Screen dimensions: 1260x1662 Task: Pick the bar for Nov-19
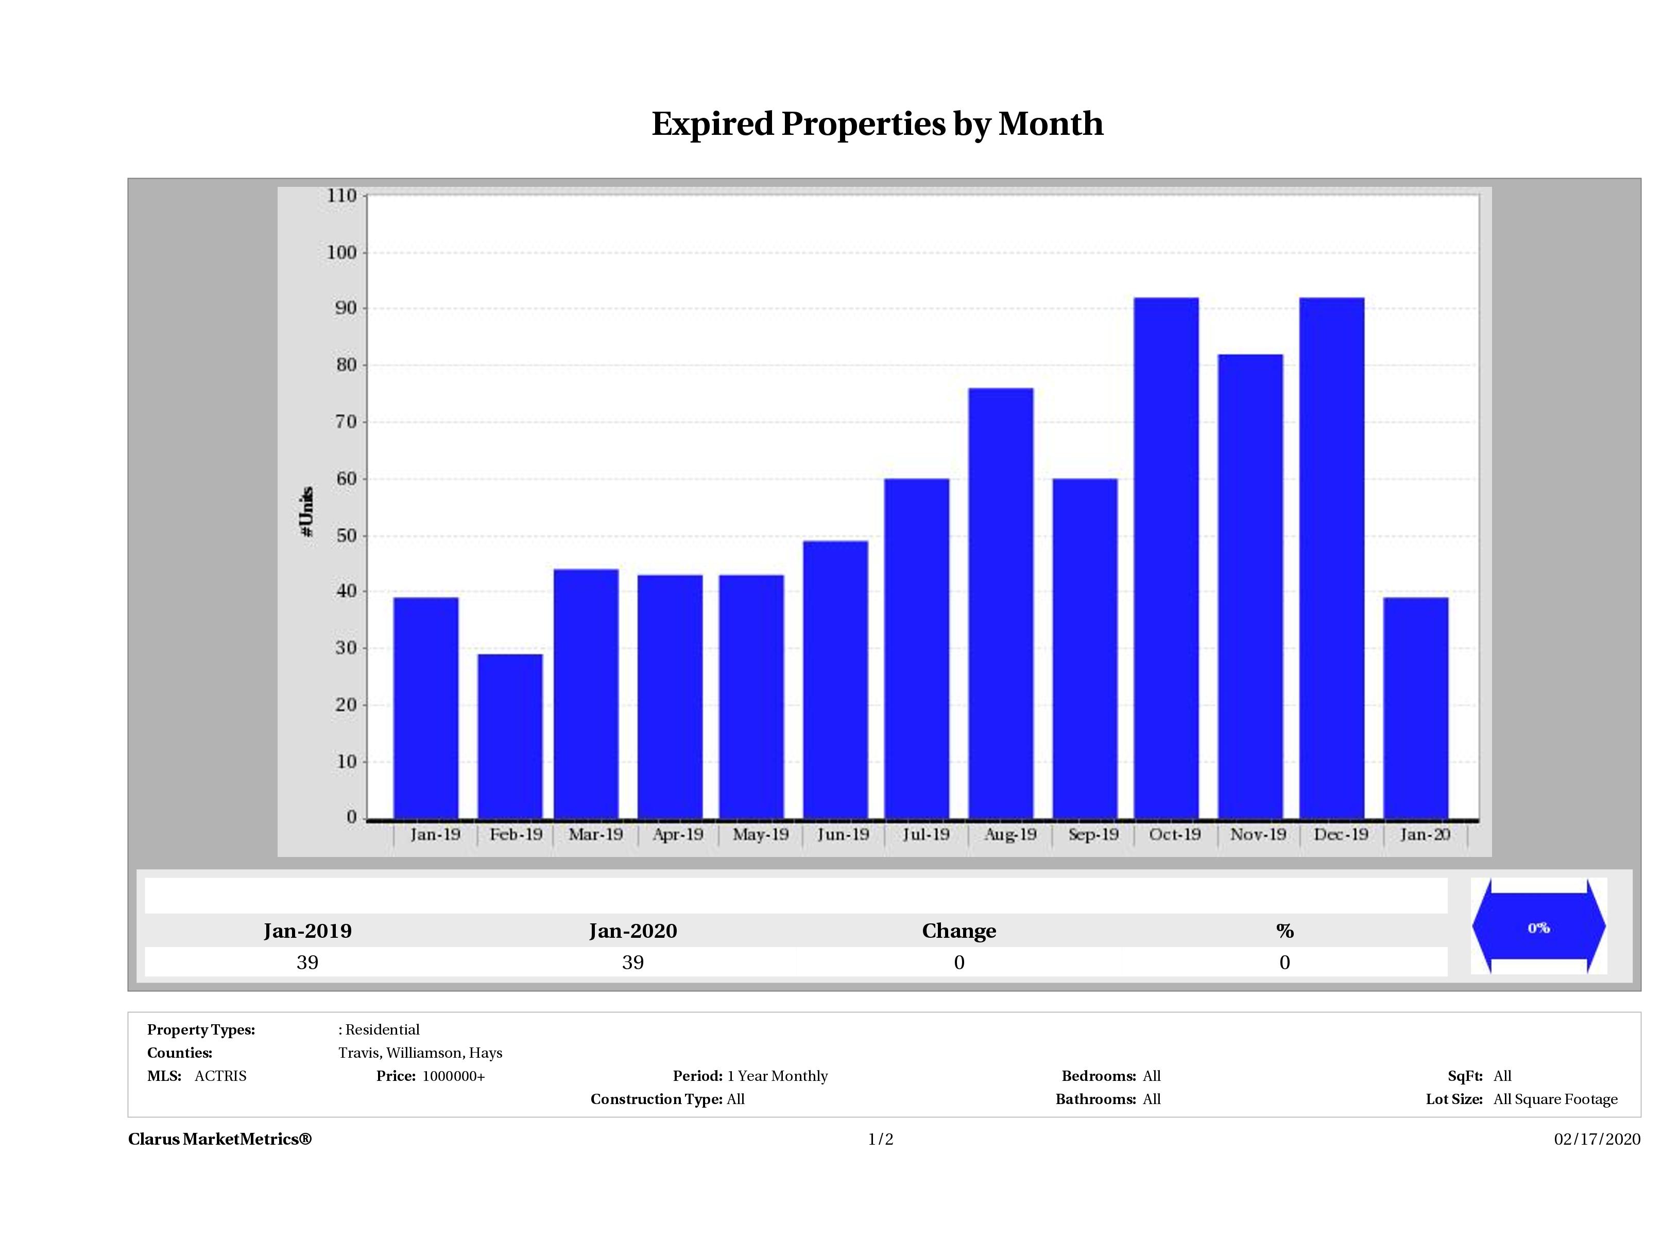pyautogui.click(x=1250, y=586)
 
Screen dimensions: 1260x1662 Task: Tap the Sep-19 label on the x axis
pyautogui.click(x=1093, y=834)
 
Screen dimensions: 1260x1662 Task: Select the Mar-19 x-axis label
pyautogui.click(x=595, y=834)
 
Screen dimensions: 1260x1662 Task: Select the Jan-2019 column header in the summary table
pyautogui.click(x=307, y=931)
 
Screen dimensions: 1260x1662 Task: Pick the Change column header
pyautogui.click(x=959, y=931)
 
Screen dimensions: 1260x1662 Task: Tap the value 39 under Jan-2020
pyautogui.click(x=632, y=962)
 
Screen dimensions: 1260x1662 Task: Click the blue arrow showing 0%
pyautogui.click(x=1538, y=927)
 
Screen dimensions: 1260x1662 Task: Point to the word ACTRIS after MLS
pyautogui.click(x=220, y=1076)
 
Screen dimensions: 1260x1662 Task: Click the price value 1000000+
pyautogui.click(x=453, y=1076)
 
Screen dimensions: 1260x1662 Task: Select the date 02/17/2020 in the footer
pyautogui.click(x=1597, y=1139)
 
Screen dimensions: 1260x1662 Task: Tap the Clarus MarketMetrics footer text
pyautogui.click(x=219, y=1139)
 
